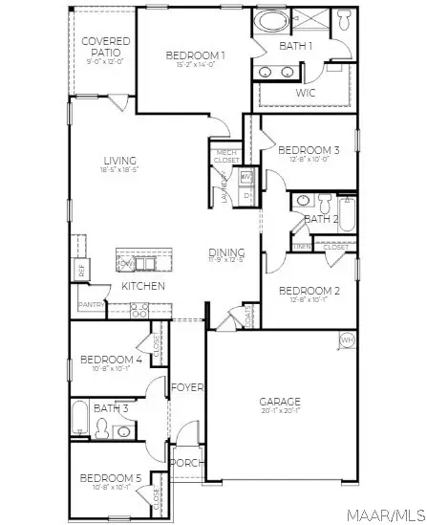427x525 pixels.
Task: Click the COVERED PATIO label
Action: coord(105,47)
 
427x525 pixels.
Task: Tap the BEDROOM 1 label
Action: coord(195,55)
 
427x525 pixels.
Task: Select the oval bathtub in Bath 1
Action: coord(274,22)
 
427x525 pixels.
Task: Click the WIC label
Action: coord(306,93)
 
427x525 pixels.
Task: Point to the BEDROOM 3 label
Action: coord(309,150)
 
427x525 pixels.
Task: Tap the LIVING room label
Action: coord(119,161)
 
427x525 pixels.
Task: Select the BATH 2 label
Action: coord(321,219)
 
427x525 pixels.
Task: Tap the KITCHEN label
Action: coord(143,286)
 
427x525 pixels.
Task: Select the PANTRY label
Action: coord(92,306)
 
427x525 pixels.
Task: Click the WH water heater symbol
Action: coord(347,340)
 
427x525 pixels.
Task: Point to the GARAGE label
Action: coord(280,402)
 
